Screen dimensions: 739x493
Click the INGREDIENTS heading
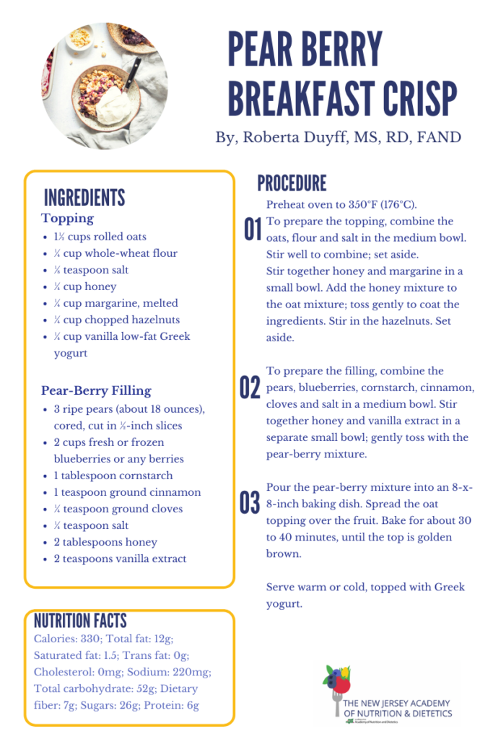[x=84, y=198]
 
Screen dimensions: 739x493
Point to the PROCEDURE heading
[x=292, y=183]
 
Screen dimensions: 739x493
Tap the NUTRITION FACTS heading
[x=80, y=621]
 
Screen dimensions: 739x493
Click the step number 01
[x=252, y=230]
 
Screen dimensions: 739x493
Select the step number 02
[x=250, y=388]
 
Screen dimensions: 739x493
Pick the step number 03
[x=250, y=503]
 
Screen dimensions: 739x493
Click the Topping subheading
[x=67, y=219]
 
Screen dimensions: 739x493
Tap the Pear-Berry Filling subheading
[x=96, y=391]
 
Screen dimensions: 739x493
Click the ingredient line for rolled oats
[x=100, y=237]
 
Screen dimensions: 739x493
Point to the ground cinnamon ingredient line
[x=127, y=492]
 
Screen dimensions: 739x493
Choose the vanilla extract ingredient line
[x=120, y=559]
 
